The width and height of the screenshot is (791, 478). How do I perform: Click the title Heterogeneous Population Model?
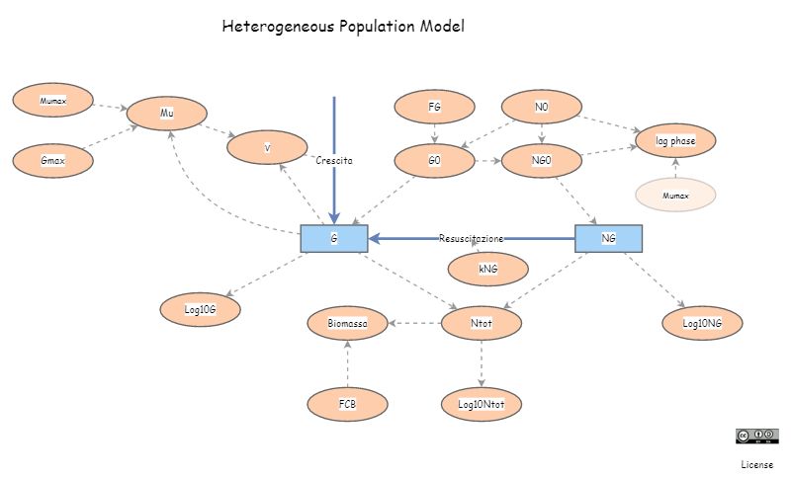[343, 27]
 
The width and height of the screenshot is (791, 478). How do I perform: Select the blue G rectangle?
[334, 238]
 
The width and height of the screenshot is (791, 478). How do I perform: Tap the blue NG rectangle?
[609, 238]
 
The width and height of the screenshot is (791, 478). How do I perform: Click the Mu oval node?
[167, 114]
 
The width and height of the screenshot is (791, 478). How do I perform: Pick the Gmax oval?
[52, 160]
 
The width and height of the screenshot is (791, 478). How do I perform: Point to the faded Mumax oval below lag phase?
[675, 196]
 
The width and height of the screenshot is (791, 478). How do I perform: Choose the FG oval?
[434, 107]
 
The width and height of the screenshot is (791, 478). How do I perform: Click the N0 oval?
[541, 107]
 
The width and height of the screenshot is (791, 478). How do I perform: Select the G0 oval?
[434, 160]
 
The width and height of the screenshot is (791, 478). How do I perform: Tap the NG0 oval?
[541, 160]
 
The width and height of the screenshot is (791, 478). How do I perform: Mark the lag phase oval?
[675, 141]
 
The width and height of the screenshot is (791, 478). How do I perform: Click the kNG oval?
[487, 269]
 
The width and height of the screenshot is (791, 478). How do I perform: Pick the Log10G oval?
[200, 309]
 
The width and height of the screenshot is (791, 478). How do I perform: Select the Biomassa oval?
[348, 323]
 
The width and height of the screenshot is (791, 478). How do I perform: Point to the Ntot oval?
[482, 323]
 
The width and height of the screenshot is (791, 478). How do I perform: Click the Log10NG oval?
[702, 323]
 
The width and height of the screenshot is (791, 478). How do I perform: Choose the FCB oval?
[348, 404]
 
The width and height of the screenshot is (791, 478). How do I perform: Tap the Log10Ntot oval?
[482, 404]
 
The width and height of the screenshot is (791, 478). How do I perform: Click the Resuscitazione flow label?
[471, 238]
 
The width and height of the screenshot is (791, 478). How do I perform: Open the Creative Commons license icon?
[756, 436]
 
